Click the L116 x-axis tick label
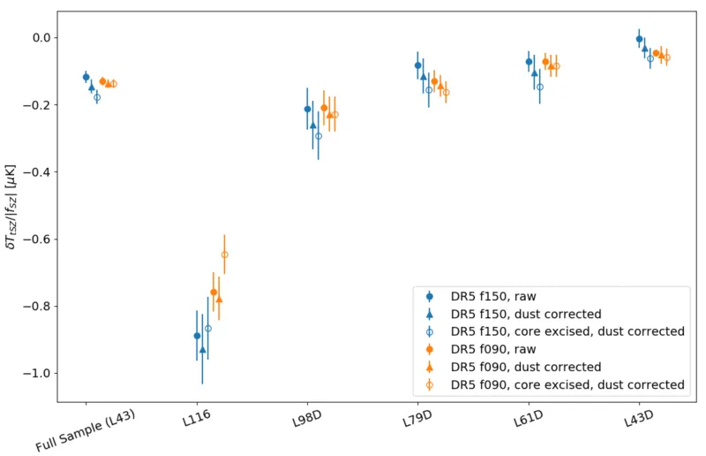[x=197, y=418]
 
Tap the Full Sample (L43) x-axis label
[x=86, y=430]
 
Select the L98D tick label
[x=307, y=419]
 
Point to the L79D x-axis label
[x=417, y=419]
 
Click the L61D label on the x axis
[x=528, y=419]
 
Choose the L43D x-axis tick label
[x=638, y=419]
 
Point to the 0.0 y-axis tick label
[x=41, y=37]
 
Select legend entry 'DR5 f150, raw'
[x=493, y=296]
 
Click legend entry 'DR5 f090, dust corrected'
[x=526, y=367]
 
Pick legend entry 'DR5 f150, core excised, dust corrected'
[x=567, y=331]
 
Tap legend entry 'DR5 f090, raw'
[x=493, y=349]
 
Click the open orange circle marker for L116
[x=225, y=255]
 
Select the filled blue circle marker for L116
[x=197, y=336]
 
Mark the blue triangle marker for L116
[x=203, y=349]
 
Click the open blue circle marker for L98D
[x=319, y=136]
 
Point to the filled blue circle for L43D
[x=639, y=39]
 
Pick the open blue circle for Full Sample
[x=97, y=97]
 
